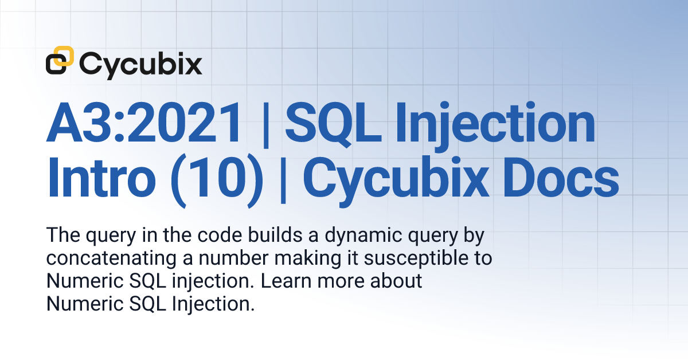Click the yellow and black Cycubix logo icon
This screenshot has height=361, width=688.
(60, 61)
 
